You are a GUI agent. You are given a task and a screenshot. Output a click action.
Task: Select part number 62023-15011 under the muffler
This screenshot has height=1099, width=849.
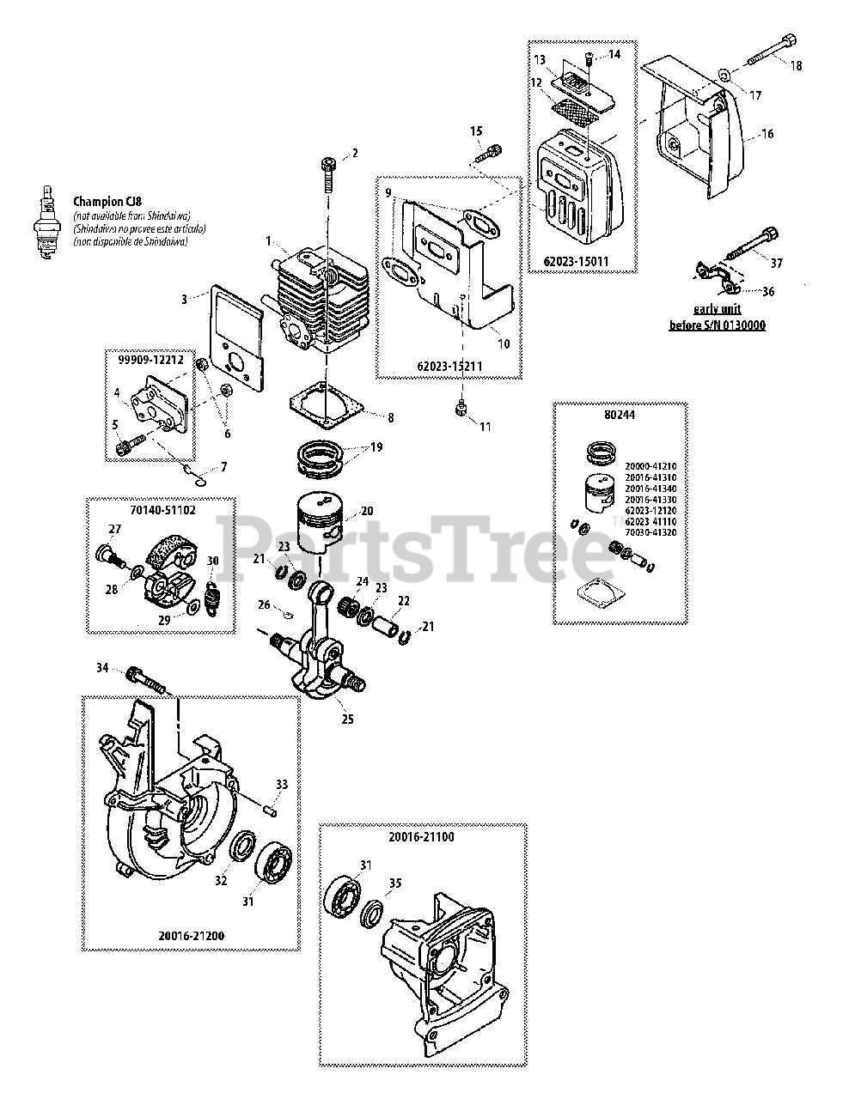[x=581, y=256]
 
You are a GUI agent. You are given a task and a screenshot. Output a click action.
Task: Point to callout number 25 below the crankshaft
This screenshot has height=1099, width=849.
[x=347, y=720]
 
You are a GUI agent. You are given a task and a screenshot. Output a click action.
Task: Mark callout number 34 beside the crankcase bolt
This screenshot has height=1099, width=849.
[x=101, y=667]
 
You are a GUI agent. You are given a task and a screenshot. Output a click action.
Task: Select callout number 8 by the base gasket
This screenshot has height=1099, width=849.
[x=390, y=418]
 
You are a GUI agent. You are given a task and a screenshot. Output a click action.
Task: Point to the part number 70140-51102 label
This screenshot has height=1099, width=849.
[x=161, y=509]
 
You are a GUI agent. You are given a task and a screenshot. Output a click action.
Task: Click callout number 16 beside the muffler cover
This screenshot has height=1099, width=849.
[x=767, y=134]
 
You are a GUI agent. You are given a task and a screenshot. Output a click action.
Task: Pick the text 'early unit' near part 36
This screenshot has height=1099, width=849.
[x=718, y=309]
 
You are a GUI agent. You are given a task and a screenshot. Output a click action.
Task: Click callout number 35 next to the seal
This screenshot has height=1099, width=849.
[x=394, y=881]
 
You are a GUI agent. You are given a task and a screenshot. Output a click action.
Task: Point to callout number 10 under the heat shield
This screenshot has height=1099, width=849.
[x=504, y=343]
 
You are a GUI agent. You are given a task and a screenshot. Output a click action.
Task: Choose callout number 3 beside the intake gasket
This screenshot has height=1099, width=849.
[x=184, y=299]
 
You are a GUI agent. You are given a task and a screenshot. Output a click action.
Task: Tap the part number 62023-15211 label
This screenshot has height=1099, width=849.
[x=448, y=366]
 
